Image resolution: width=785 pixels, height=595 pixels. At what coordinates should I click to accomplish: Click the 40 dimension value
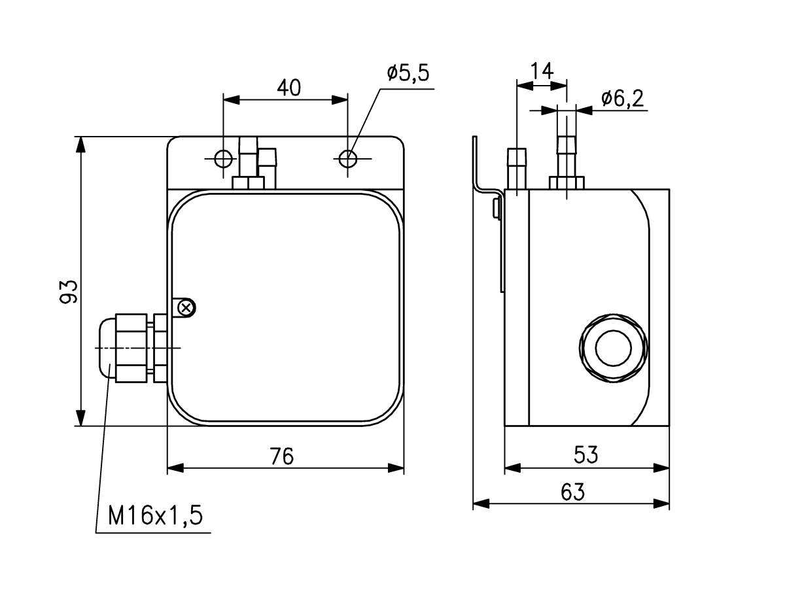(x=288, y=87)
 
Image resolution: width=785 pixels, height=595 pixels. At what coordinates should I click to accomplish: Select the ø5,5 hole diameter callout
(x=408, y=73)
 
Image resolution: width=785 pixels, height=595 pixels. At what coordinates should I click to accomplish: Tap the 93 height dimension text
(x=69, y=291)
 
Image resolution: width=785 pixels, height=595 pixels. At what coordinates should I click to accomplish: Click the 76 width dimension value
(x=282, y=456)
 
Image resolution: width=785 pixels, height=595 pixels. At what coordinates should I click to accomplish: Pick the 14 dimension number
(x=542, y=71)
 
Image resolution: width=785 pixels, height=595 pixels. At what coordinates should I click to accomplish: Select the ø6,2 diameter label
(x=622, y=99)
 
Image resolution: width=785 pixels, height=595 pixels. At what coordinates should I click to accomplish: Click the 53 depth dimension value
(x=586, y=454)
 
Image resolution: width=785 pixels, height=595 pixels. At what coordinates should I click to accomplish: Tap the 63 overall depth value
(x=572, y=492)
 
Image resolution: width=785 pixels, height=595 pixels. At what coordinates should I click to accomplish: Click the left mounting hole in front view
(x=223, y=158)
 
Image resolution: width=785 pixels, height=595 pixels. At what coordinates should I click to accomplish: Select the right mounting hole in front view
(x=348, y=158)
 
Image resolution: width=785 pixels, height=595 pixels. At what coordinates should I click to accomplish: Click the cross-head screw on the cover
(x=187, y=307)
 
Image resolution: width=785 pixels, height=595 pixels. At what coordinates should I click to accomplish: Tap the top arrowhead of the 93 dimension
(x=80, y=144)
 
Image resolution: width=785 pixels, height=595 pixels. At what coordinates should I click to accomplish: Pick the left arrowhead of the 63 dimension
(x=481, y=503)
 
